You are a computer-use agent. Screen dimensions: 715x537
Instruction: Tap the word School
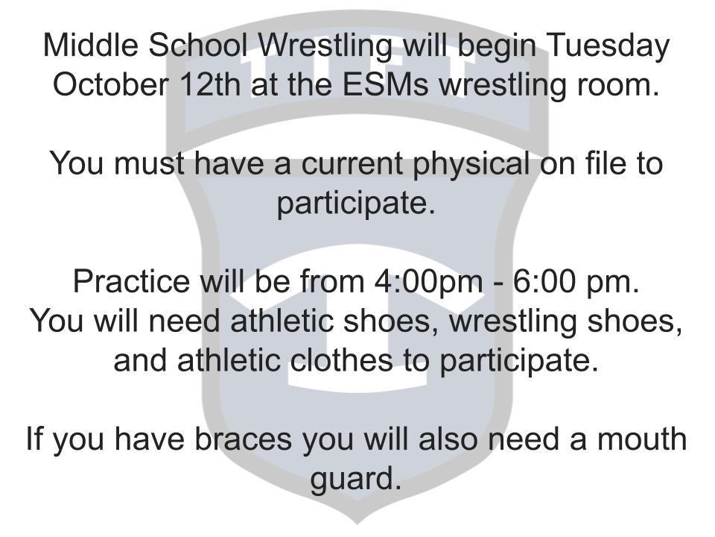(x=198, y=45)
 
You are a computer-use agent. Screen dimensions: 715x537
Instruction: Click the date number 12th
(x=210, y=84)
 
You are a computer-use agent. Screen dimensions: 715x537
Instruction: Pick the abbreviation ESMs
(x=385, y=84)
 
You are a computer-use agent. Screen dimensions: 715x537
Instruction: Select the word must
(x=150, y=163)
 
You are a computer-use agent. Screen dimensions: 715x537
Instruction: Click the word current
(x=352, y=163)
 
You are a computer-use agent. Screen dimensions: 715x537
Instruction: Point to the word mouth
(x=642, y=439)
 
